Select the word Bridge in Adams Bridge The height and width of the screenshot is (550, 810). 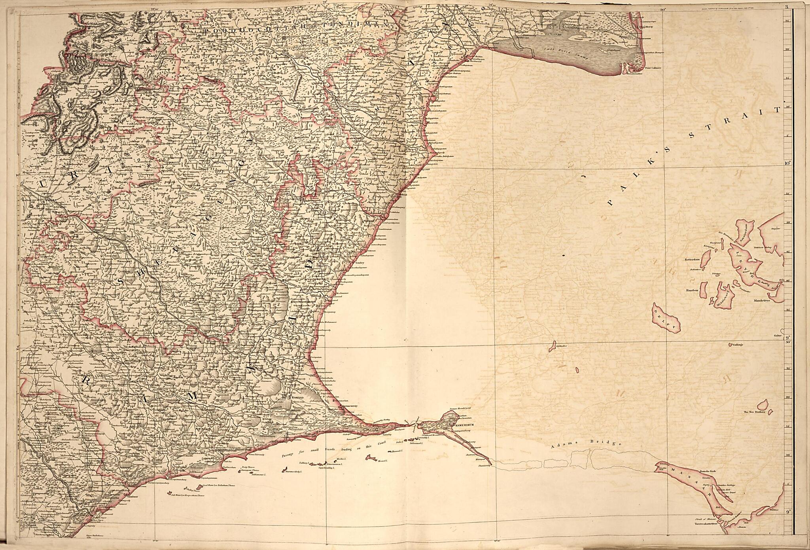tap(609, 444)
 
